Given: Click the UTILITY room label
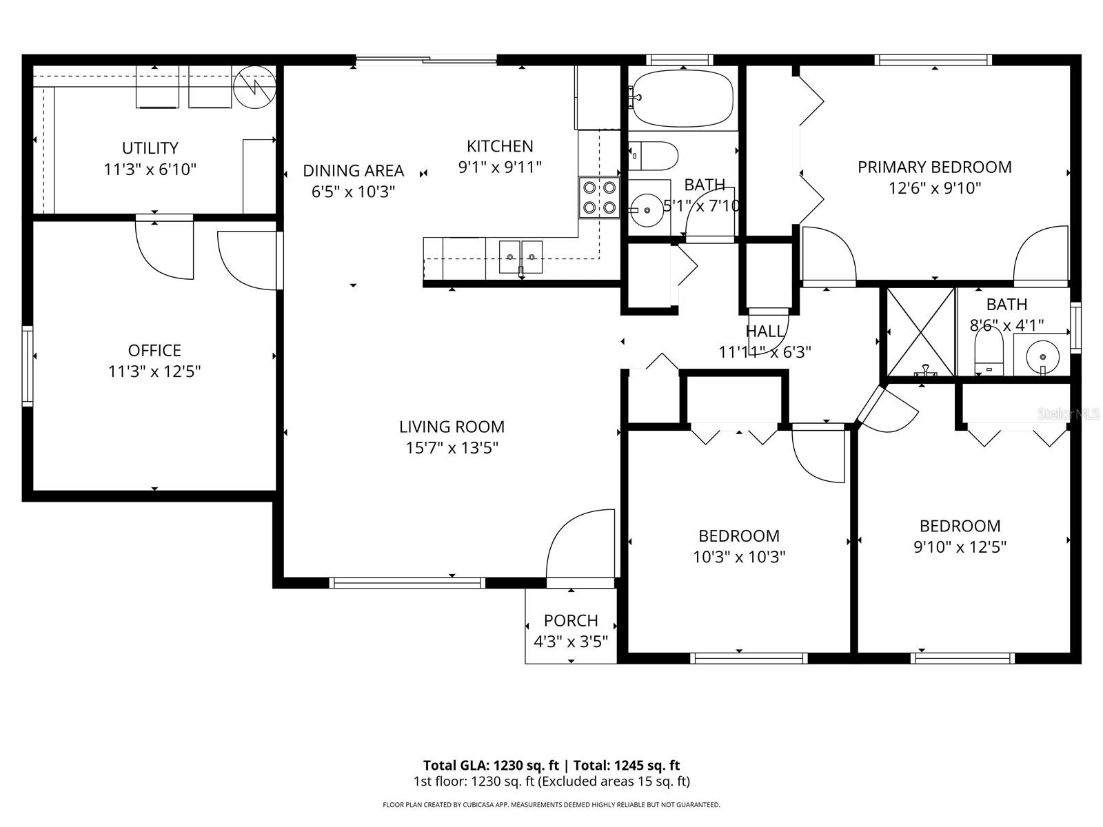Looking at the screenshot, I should [x=150, y=148].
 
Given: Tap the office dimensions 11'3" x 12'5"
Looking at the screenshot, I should [x=154, y=372].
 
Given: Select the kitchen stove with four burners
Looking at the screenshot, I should [x=598, y=197].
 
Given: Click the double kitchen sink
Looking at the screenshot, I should [x=520, y=256].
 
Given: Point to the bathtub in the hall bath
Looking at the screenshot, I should [x=682, y=98].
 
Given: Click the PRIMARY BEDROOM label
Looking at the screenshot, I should [x=934, y=167].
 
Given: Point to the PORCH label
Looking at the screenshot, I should [x=571, y=620].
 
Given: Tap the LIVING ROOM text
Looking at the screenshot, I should [x=452, y=427].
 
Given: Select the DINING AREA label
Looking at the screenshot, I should [x=353, y=170].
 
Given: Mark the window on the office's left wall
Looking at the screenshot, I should [x=28, y=365].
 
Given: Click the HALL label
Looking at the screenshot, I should [x=765, y=331].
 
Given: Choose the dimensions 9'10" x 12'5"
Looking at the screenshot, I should [x=960, y=547].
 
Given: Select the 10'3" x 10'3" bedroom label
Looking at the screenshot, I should [x=739, y=557].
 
